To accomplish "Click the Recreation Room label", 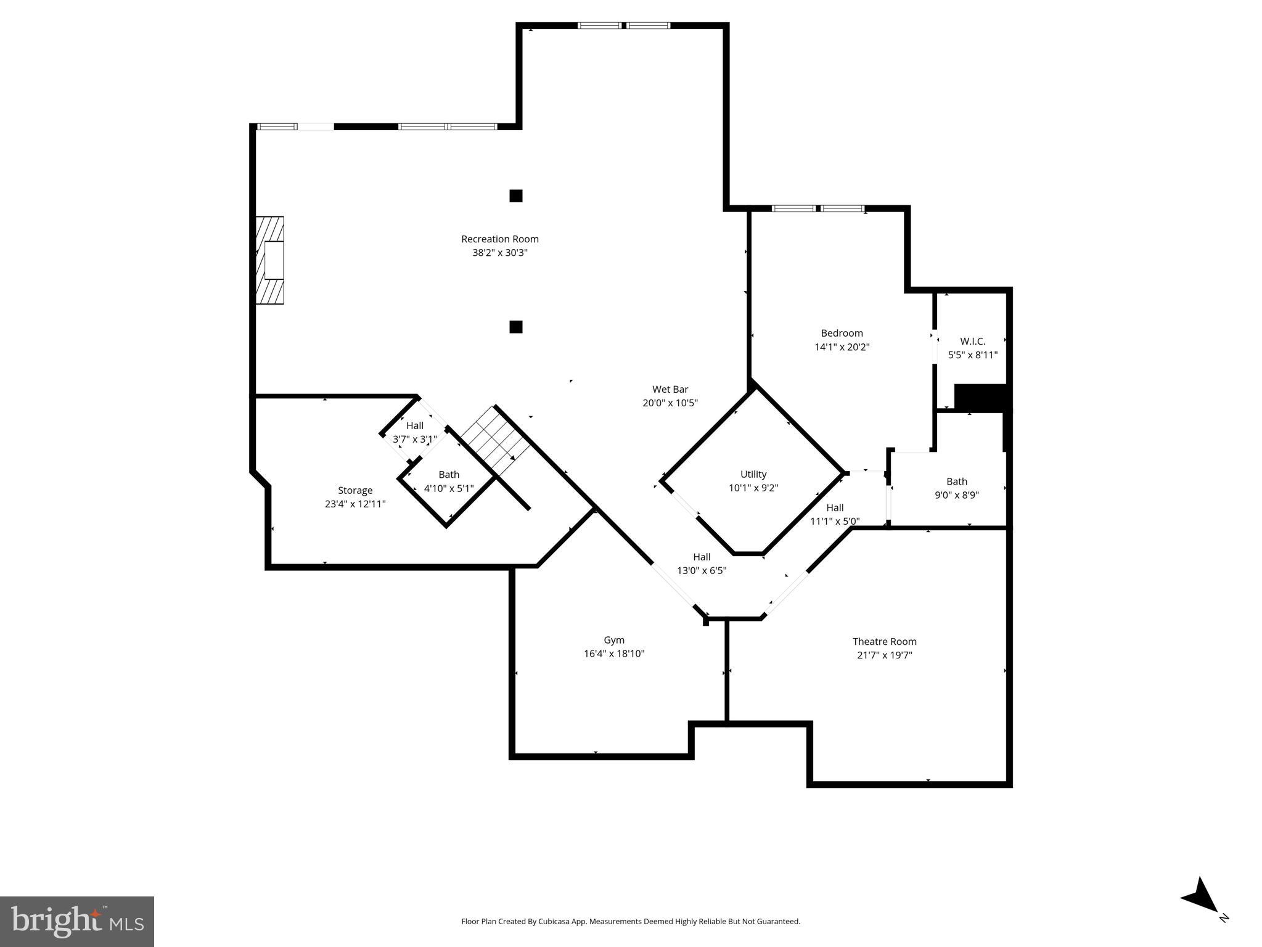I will [499, 239].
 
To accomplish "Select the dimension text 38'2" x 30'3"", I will [499, 253].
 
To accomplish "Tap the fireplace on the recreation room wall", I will [271, 260].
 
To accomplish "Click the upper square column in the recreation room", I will [515, 196].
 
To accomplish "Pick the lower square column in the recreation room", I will [515, 327].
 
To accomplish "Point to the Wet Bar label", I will [670, 390].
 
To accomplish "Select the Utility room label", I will [753, 474].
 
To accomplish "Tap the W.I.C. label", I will [972, 342].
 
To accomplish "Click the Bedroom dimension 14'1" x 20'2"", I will [842, 347].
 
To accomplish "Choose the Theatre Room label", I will [884, 642].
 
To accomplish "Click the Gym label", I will [613, 641].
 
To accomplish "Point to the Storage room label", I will [355, 491].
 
